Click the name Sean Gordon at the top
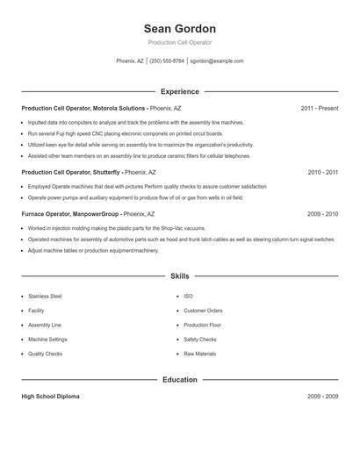pyautogui.click(x=180, y=28)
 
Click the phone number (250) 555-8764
pyautogui.click(x=167, y=61)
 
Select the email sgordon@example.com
pyautogui.click(x=217, y=61)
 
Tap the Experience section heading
pyautogui.click(x=180, y=91)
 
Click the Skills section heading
pyautogui.click(x=180, y=275)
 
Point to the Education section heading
pyautogui.click(x=180, y=380)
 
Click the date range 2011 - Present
pyautogui.click(x=319, y=108)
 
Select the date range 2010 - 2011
pyautogui.click(x=322, y=173)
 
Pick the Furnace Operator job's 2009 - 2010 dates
pyautogui.click(x=322, y=213)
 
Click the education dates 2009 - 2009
pyautogui.click(x=322, y=397)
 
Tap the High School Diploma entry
pyautogui.click(x=50, y=397)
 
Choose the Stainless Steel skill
pyautogui.click(x=45, y=297)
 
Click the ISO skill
pyautogui.click(x=188, y=297)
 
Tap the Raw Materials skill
pyautogui.click(x=199, y=354)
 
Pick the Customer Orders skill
pyautogui.click(x=203, y=311)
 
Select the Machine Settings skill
pyautogui.click(x=47, y=340)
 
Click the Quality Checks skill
pyautogui.click(x=45, y=354)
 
